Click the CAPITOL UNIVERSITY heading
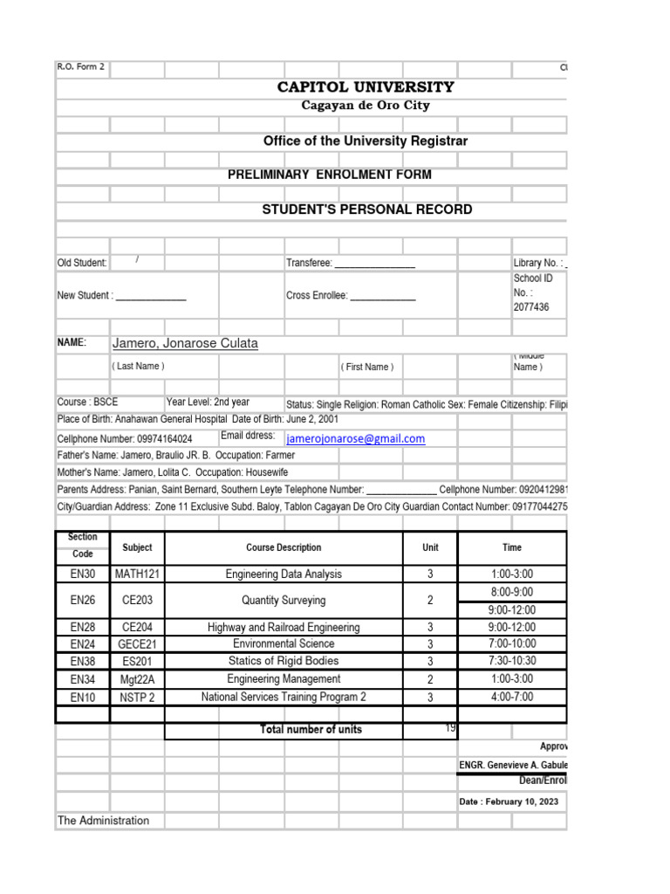point(366,87)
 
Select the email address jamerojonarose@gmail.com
point(355,439)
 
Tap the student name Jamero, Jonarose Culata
point(185,344)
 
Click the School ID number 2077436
point(531,307)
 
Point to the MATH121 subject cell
point(137,574)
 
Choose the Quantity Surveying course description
point(284,601)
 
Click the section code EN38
point(83,662)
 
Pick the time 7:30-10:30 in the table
point(512,662)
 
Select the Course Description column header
point(284,547)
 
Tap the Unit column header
point(430,547)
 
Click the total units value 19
point(450,728)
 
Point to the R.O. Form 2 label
point(81,66)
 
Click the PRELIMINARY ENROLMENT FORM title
point(330,175)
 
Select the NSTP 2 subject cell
point(137,697)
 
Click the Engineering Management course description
point(284,679)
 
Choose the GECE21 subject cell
point(137,644)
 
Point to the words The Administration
point(103,821)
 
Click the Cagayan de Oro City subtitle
point(366,106)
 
